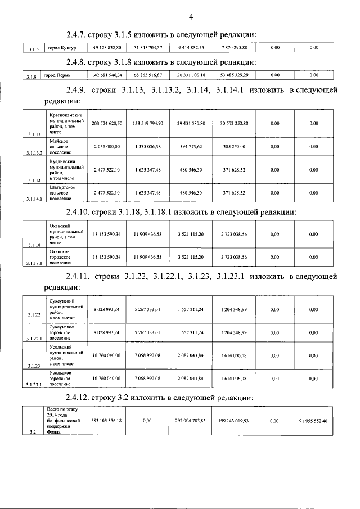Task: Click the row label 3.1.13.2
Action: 34,152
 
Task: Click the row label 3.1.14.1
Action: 34,199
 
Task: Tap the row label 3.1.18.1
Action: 34,263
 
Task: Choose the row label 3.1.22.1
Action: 34,339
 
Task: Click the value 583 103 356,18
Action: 106,420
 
